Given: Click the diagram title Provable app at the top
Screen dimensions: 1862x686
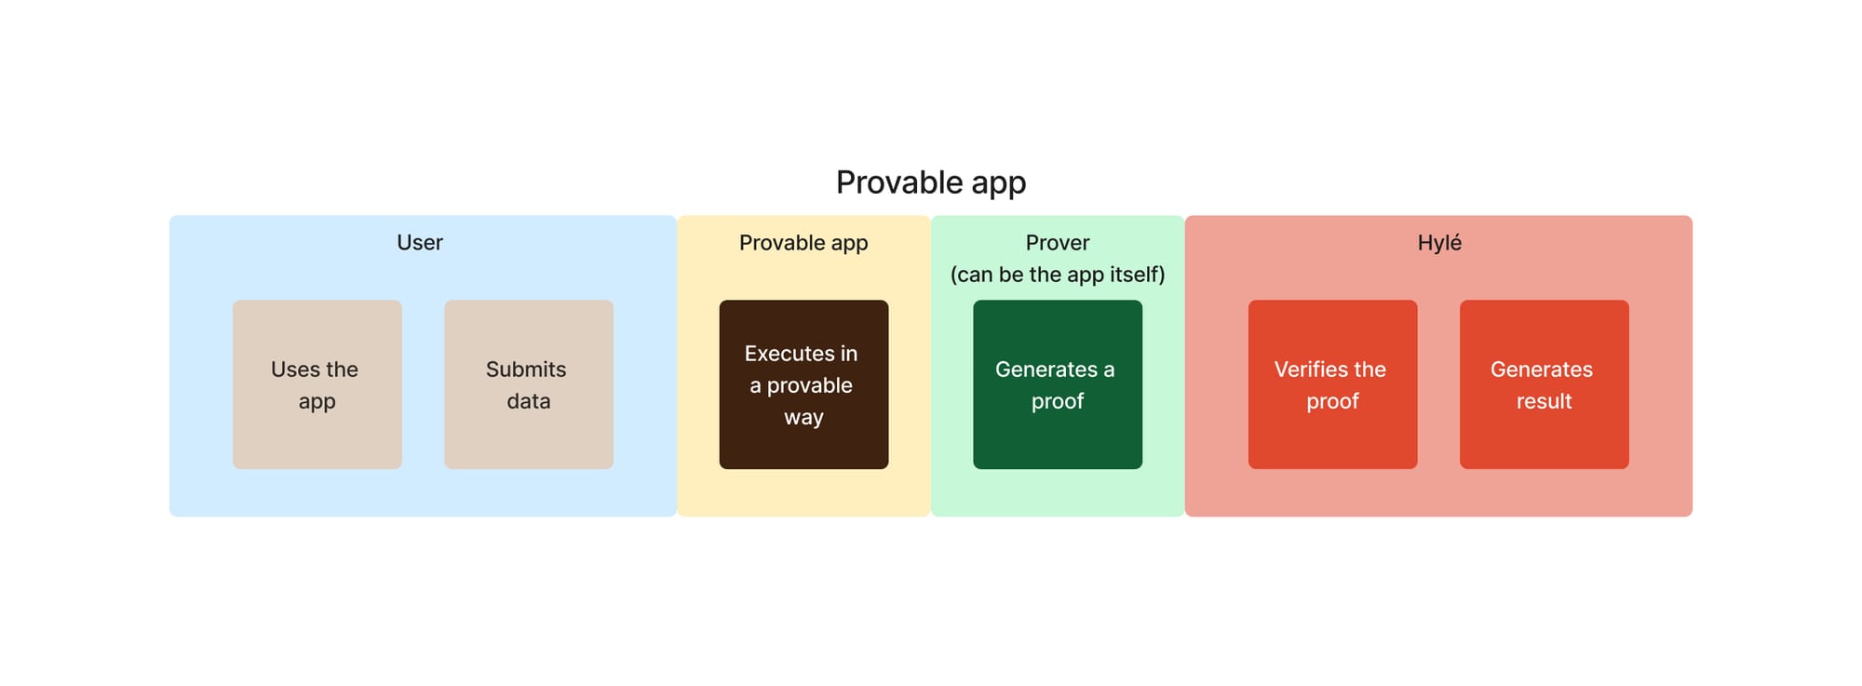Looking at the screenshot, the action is [x=931, y=182].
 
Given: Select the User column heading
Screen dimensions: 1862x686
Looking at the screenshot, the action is [x=420, y=242].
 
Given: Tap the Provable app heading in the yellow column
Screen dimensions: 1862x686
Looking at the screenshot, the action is [x=803, y=243].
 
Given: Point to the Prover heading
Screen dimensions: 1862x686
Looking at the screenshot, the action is [x=1058, y=242].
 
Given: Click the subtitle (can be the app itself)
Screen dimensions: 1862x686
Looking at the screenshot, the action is [x=1058, y=275].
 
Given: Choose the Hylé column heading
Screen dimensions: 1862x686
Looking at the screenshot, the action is [x=1439, y=242].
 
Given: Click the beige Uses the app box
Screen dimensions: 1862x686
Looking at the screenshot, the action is [x=317, y=384].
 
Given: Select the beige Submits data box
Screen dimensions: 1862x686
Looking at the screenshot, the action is [x=529, y=384].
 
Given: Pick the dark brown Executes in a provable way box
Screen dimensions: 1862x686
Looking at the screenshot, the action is [x=803, y=384].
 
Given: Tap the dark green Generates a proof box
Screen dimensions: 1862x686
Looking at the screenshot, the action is [x=1058, y=384].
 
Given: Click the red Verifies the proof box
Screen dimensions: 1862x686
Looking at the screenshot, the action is [x=1332, y=384].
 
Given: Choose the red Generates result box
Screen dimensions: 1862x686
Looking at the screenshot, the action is [x=1545, y=384].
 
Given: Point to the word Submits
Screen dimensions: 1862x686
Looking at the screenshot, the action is [x=526, y=370].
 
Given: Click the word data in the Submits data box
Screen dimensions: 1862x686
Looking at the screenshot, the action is [x=529, y=401].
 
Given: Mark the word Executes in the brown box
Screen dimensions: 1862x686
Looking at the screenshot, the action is [x=789, y=354].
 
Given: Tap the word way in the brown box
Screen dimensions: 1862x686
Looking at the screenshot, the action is [x=803, y=418].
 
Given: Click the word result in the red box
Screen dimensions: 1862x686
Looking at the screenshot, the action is [x=1545, y=401].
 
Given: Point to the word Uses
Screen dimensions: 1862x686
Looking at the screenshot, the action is [x=293, y=370].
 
